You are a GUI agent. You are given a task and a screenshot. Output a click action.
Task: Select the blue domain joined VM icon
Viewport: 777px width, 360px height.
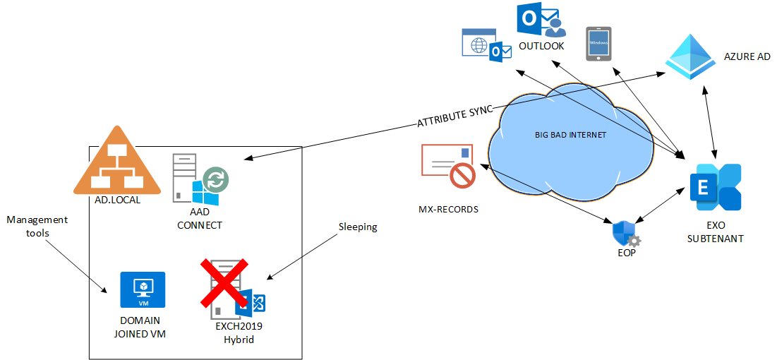(143, 290)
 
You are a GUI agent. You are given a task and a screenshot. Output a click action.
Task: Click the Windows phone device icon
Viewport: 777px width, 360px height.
(598, 44)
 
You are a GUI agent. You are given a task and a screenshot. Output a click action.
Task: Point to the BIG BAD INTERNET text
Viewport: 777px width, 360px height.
(571, 135)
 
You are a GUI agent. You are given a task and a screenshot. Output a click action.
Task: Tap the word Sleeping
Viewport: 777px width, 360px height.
(357, 227)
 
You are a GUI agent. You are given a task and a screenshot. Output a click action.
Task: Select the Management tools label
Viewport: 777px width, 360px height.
(37, 226)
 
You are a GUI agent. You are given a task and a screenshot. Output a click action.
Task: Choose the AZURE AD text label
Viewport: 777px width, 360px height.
(747, 56)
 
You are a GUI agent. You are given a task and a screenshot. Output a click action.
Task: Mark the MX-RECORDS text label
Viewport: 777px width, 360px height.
(447, 210)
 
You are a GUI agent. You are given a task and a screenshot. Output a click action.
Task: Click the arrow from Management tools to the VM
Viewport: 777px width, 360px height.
(78, 265)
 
